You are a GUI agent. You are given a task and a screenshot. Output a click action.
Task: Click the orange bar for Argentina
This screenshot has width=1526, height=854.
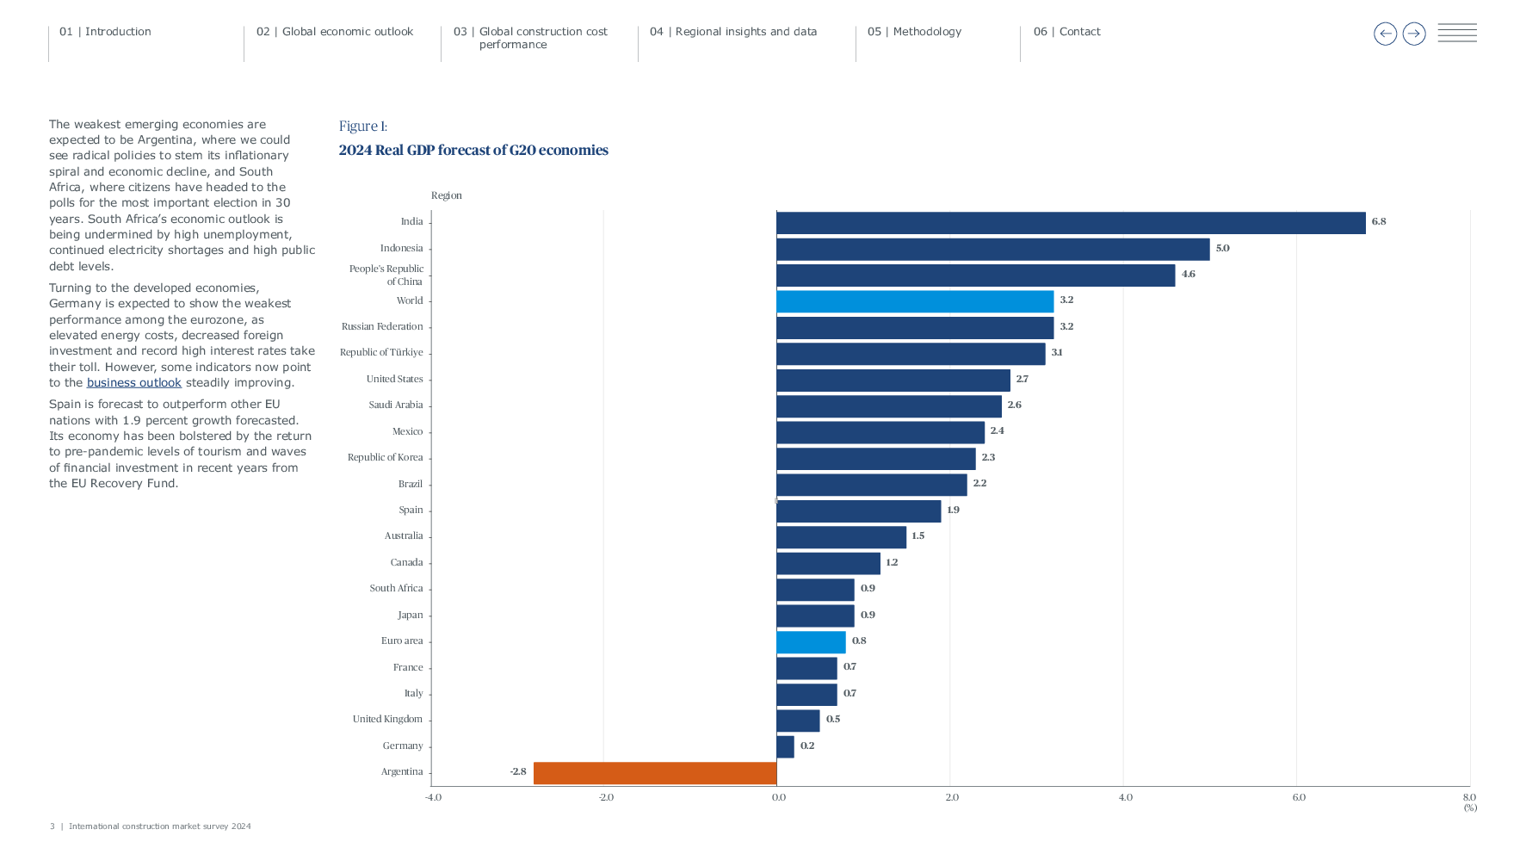coord(654,773)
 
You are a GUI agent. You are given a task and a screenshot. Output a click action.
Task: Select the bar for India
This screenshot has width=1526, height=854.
coord(1070,223)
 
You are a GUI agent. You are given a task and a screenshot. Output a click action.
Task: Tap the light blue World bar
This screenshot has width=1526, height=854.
coord(914,301)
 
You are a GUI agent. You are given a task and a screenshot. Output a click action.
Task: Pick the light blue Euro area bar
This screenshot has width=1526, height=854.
coord(811,642)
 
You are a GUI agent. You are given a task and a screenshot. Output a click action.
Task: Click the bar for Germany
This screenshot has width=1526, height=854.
coord(785,746)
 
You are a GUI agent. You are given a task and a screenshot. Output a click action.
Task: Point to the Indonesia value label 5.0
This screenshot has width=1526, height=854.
coord(1221,249)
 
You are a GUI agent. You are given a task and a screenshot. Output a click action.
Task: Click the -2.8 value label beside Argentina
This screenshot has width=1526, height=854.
coord(517,772)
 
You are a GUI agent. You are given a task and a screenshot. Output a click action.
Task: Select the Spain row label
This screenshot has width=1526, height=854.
coord(411,511)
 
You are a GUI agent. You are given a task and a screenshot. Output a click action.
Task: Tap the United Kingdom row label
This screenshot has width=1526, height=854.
coord(387,720)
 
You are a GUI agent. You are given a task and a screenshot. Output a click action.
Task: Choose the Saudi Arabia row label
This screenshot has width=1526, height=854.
coord(395,405)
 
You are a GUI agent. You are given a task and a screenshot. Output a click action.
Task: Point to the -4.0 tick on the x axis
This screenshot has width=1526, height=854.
coord(433,798)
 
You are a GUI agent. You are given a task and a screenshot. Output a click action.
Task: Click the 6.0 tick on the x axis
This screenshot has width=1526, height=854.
coord(1298,798)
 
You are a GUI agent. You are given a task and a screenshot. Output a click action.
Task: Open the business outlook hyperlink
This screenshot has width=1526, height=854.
coord(133,383)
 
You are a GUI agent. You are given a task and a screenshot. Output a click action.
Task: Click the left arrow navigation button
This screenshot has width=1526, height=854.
coord(1385,34)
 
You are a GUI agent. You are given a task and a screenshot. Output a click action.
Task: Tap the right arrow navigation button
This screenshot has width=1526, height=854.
coord(1413,34)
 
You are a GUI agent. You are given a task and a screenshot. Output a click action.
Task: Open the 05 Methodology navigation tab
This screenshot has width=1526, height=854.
coord(914,32)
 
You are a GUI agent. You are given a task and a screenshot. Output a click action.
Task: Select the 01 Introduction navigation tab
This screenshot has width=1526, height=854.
coord(105,32)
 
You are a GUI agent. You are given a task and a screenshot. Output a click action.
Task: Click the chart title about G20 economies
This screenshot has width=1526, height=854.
coord(473,151)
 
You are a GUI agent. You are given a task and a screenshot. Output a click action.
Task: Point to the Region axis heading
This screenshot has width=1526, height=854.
coord(446,196)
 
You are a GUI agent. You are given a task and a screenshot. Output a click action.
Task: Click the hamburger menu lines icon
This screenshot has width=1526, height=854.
coord(1456,33)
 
